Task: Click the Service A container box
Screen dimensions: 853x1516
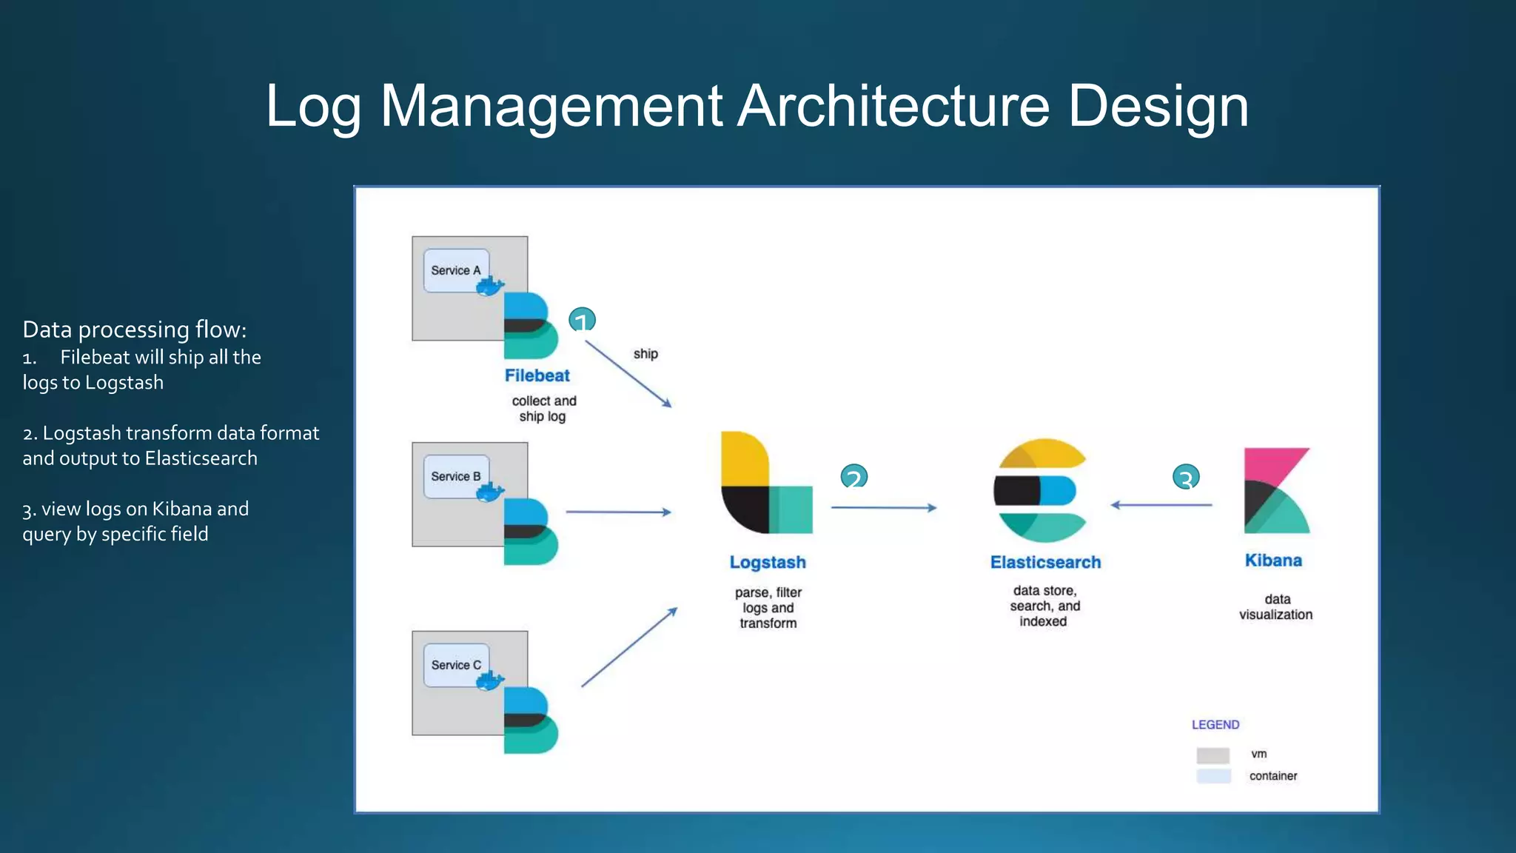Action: (455, 270)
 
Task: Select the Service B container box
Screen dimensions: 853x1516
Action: (455, 476)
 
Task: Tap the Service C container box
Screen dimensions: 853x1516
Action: (455, 665)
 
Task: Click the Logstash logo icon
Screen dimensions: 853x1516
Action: (766, 482)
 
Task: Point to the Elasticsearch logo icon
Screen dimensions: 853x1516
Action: (1040, 490)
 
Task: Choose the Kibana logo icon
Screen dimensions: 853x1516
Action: (1276, 490)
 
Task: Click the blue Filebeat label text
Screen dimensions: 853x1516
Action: (537, 375)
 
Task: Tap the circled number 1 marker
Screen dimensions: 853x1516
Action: (582, 320)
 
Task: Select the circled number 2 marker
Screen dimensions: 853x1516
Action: (853, 476)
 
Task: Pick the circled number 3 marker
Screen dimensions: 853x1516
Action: (1186, 477)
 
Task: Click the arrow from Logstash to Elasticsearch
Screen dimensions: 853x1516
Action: (884, 508)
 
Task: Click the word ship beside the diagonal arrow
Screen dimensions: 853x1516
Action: (645, 354)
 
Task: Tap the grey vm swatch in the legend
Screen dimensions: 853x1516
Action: (1213, 755)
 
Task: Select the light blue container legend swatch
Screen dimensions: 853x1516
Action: (1213, 776)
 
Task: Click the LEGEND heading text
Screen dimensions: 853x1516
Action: (1215, 725)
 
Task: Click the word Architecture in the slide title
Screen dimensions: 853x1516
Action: (893, 106)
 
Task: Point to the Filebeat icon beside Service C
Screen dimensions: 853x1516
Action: (530, 720)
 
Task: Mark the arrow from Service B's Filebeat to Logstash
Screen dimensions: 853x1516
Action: (618, 512)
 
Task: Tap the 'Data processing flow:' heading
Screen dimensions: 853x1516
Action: (134, 330)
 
